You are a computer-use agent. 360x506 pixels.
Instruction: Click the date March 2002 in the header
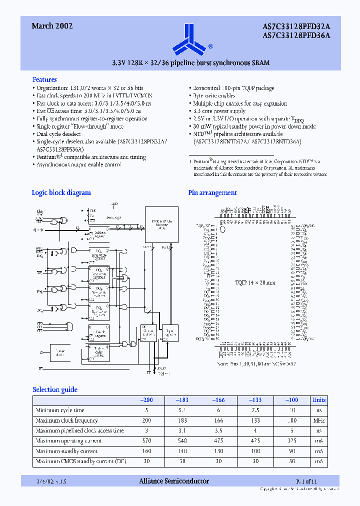pyautogui.click(x=52, y=26)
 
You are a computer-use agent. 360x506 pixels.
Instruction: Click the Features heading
pyautogui.click(x=44, y=79)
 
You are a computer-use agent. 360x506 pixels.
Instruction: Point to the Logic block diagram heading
pyautogui.click(x=61, y=192)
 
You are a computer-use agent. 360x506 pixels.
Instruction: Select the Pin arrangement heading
pyautogui.click(x=212, y=192)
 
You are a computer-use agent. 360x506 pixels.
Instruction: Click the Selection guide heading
pyautogui.click(x=55, y=389)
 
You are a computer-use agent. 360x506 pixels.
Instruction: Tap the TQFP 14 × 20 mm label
pyautogui.click(x=255, y=283)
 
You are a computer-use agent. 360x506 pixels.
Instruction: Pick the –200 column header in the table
pyautogui.click(x=146, y=400)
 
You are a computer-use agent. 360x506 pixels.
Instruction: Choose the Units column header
pyautogui.click(x=318, y=400)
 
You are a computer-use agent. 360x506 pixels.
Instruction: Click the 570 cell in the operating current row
pyautogui.click(x=146, y=441)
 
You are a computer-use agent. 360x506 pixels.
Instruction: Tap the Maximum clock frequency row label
pyautogui.click(x=67, y=420)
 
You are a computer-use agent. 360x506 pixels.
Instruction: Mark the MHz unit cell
pyautogui.click(x=318, y=420)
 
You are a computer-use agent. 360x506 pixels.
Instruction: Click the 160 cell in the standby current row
pyautogui.click(x=146, y=451)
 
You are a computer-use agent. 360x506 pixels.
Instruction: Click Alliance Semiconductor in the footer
pyautogui.click(x=173, y=481)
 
